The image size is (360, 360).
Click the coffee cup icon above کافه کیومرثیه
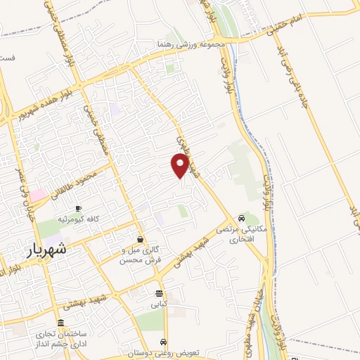pyautogui.click(x=78, y=208)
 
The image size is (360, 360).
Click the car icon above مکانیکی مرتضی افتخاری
pyautogui.click(x=242, y=217)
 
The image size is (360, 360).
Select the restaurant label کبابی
pyautogui.click(x=160, y=306)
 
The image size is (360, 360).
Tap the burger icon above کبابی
pyautogui.click(x=160, y=293)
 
